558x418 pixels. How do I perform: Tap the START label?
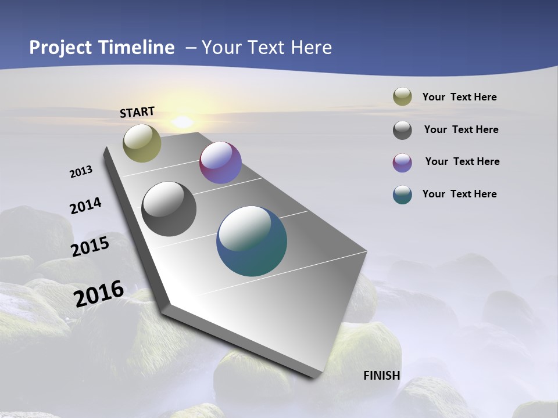[137, 112]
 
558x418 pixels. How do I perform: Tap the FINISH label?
[382, 376]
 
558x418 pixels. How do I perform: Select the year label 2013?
[81, 172]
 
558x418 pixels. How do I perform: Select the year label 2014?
[85, 206]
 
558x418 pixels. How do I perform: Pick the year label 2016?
[99, 293]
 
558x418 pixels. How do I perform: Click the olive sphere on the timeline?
[142, 143]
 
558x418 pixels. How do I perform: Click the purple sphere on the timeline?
[220, 163]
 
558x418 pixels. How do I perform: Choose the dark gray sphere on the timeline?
[169, 209]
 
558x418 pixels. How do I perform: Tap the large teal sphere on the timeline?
[252, 241]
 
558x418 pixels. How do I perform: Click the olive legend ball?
[402, 96]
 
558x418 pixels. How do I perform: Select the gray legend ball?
[402, 130]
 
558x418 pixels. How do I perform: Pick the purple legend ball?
[402, 163]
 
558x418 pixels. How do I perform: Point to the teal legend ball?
[402, 194]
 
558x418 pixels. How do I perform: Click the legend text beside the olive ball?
[459, 97]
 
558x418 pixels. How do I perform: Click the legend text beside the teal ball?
[459, 194]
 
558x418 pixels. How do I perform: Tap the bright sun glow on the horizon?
[183, 122]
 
